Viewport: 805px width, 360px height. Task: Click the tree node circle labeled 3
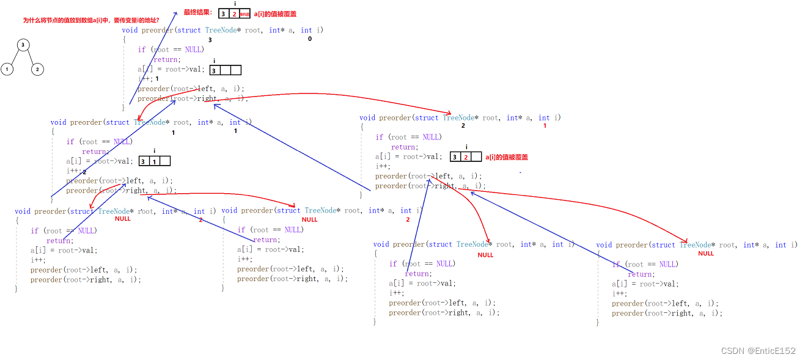23,45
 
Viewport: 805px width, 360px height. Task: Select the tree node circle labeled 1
7,69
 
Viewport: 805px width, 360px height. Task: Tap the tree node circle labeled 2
37,69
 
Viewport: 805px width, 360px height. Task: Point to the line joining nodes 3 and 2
31,57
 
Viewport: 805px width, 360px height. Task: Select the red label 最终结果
198,12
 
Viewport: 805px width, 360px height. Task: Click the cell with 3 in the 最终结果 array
224,13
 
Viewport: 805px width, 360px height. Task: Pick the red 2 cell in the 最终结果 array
234,13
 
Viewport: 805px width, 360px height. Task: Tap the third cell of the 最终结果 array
244,13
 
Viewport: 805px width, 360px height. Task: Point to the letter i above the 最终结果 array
235,4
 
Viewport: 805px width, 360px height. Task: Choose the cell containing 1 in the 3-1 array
154,161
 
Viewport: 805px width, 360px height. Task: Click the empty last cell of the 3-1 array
164,161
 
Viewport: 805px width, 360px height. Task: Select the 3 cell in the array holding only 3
215,70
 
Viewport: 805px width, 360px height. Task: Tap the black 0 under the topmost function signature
310,39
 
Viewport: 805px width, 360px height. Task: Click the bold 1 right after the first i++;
157,79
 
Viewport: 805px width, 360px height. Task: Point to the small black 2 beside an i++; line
84,172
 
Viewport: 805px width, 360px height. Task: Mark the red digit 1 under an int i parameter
545,126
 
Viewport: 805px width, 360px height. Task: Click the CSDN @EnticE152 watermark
758,351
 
